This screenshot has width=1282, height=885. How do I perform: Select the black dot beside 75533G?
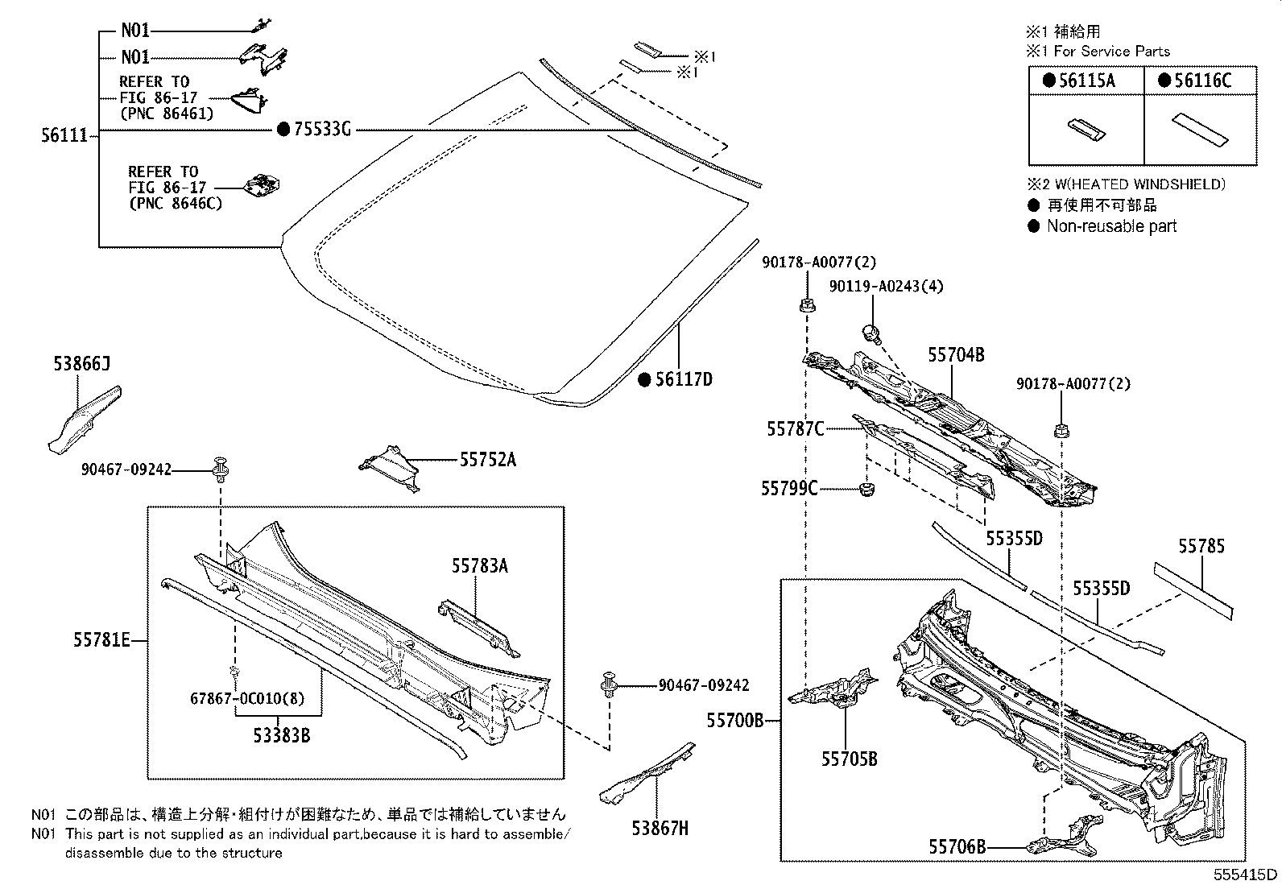pyautogui.click(x=283, y=129)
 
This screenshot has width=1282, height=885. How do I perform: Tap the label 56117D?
pyautogui.click(x=683, y=380)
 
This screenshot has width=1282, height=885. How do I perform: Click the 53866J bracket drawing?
pyautogui.click(x=83, y=419)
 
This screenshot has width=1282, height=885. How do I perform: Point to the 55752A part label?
pyautogui.click(x=488, y=460)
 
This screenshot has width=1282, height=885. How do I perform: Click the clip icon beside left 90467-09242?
pyautogui.click(x=220, y=468)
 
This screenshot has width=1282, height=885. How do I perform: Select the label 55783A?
pyautogui.click(x=480, y=566)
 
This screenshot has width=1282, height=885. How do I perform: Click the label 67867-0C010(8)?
pyautogui.click(x=247, y=699)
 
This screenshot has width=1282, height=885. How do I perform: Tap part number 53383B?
pyautogui.click(x=281, y=734)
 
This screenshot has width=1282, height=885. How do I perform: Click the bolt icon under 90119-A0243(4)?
pyautogui.click(x=871, y=332)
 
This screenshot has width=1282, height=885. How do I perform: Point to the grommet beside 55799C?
pyautogui.click(x=867, y=489)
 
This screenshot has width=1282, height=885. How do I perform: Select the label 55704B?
pyautogui.click(x=956, y=355)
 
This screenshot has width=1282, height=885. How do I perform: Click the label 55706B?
pyautogui.click(x=957, y=847)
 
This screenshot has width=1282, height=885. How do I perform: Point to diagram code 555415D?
pyautogui.click(x=1246, y=875)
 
